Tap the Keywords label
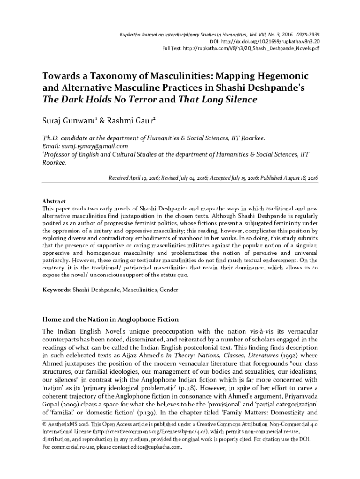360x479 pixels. coord(56,290)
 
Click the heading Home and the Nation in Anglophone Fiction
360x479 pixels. coord(110,319)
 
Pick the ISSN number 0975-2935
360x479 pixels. coord(304,35)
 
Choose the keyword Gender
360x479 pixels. coord(169,290)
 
